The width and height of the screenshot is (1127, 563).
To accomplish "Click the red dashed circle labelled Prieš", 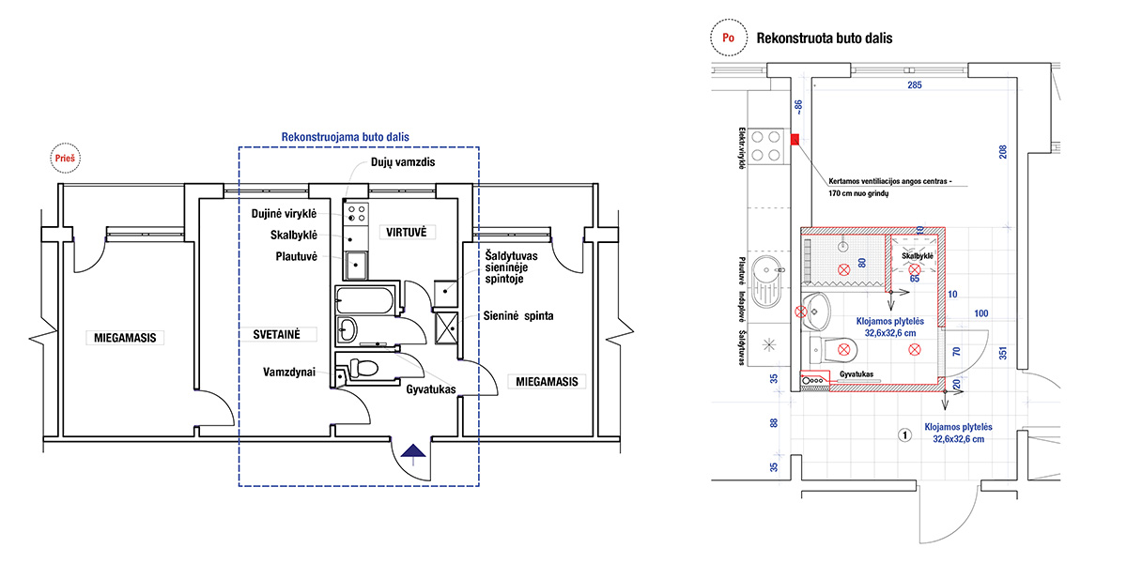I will coord(67,159).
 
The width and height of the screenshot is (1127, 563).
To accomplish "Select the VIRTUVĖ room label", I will coord(404,231).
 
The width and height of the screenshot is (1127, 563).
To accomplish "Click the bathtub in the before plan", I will coord(367,301).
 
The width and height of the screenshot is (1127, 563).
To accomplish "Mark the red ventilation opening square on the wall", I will coord(795,140).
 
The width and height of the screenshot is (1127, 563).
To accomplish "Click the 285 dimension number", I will coord(914,86).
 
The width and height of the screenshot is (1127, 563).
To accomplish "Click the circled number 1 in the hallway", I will coord(903,434).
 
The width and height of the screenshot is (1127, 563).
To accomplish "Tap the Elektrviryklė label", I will coord(742,147).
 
